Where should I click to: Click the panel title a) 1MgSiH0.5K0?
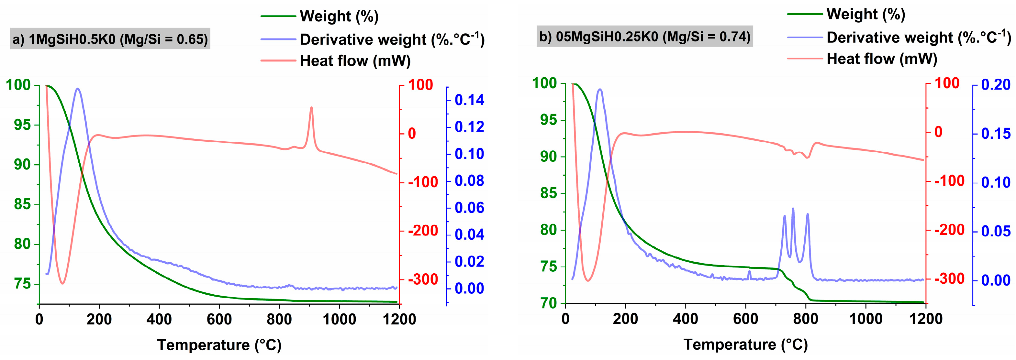(110, 39)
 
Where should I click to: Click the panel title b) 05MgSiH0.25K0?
(644, 37)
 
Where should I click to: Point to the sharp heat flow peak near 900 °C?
(311, 107)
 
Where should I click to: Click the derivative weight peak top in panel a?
(78, 88)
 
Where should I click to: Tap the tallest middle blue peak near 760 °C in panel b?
(793, 209)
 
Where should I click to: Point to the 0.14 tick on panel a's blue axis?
(469, 100)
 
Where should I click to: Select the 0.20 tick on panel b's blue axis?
(996, 85)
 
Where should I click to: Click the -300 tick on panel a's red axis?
(423, 279)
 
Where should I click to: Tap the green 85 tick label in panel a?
(22, 204)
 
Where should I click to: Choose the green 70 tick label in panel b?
(549, 303)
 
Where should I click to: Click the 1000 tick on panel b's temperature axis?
(866, 319)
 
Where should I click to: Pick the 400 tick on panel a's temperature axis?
(159, 319)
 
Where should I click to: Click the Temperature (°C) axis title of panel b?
(745, 344)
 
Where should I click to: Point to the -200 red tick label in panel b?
(949, 230)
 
